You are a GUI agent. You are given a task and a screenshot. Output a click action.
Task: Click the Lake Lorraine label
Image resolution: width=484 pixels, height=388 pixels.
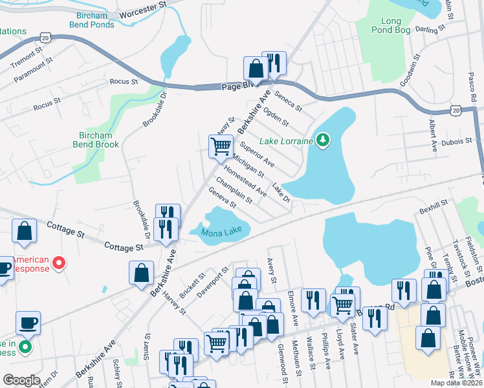click(286, 141)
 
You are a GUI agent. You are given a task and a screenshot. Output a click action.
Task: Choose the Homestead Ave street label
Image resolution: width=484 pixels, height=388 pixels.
click(250, 183)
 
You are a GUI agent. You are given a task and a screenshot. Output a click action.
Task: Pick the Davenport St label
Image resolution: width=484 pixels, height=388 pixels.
click(213, 279)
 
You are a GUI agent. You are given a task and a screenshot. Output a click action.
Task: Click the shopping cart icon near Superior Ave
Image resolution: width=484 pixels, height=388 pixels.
click(221, 147)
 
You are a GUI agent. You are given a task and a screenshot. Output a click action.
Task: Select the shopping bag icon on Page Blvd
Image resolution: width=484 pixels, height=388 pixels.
click(256, 69)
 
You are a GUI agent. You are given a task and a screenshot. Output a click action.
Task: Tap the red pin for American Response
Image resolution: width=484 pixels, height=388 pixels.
click(59, 263)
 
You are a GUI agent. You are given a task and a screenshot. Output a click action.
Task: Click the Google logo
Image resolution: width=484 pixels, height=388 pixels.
click(21, 380)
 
